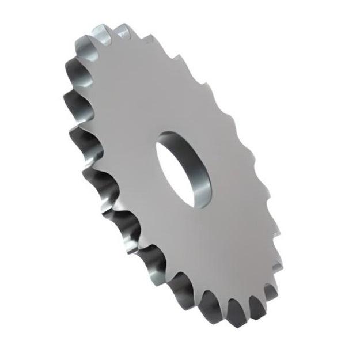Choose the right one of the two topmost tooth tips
(122, 26)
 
